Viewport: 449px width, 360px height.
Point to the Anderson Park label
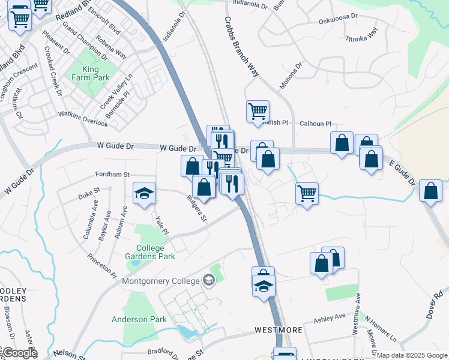pos(139,319)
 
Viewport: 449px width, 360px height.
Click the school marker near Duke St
pos(144,193)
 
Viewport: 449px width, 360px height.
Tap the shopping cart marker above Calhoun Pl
pos(258,111)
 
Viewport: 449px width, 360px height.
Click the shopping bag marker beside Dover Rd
pos(430,191)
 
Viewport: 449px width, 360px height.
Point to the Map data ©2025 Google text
pos(411,355)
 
